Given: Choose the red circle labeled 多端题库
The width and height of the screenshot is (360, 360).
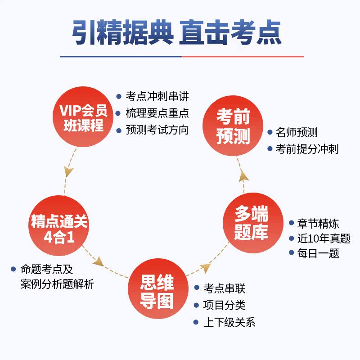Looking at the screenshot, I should tap(251, 224).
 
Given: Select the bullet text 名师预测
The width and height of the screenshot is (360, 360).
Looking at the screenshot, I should tap(297, 133).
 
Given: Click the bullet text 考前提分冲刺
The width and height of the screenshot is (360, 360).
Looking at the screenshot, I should tap(307, 149).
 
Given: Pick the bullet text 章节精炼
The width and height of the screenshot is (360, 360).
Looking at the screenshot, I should tap(318, 224).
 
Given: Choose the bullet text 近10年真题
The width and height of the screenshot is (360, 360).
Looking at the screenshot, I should tap(324, 238).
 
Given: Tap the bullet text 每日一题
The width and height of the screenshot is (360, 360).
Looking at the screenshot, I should tap(318, 253).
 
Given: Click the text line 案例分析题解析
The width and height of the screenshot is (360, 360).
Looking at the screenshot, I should tap(57, 284).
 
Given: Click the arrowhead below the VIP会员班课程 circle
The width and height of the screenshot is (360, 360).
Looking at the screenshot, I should tap(68, 171).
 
